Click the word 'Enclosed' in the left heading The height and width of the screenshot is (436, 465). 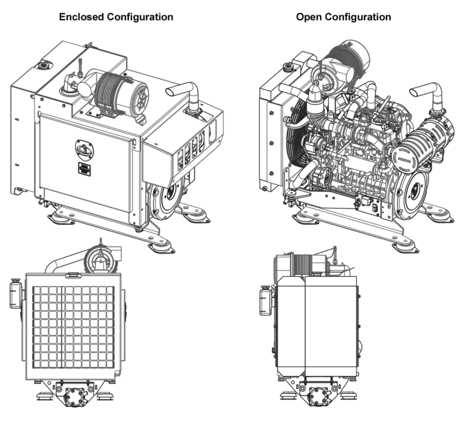[82, 17]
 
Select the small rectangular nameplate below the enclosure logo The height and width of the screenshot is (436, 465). [84, 168]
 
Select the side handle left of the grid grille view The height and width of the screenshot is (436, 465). [15, 291]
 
